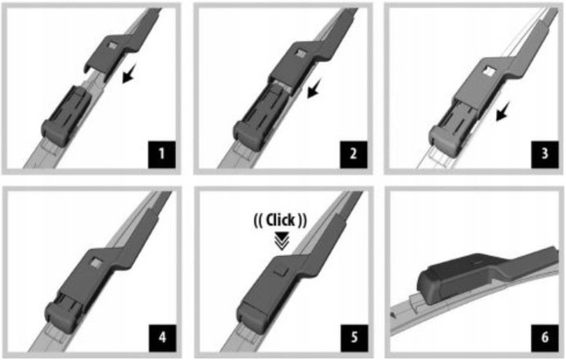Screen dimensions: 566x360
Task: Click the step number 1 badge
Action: pyautogui.click(x=162, y=154)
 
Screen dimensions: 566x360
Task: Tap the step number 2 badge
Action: pyautogui.click(x=354, y=154)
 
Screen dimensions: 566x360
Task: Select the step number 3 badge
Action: pyautogui.click(x=545, y=154)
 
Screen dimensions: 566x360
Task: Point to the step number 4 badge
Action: pyautogui.click(x=162, y=338)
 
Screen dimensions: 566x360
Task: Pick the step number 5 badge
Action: pyautogui.click(x=354, y=338)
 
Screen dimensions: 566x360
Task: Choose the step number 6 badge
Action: pyautogui.click(x=545, y=338)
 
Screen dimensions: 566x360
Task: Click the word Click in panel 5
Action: pyautogui.click(x=280, y=220)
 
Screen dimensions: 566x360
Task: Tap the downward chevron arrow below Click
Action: pyautogui.click(x=281, y=241)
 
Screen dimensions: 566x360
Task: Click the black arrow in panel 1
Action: pyautogui.click(x=129, y=73)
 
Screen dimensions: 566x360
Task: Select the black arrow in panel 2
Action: pyautogui.click(x=314, y=89)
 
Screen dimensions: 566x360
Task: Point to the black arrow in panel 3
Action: pyautogui.click(x=502, y=111)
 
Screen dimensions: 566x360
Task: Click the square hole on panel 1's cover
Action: pyautogui.click(x=113, y=46)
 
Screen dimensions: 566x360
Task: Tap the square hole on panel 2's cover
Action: pyautogui.click(x=300, y=53)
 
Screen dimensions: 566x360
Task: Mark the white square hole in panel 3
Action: pyautogui.click(x=489, y=70)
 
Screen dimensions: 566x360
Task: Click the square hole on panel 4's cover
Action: pyautogui.click(x=97, y=263)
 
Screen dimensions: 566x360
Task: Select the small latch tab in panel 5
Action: pyautogui.click(x=281, y=271)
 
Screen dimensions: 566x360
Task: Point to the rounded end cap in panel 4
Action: pyautogui.click(x=60, y=318)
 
